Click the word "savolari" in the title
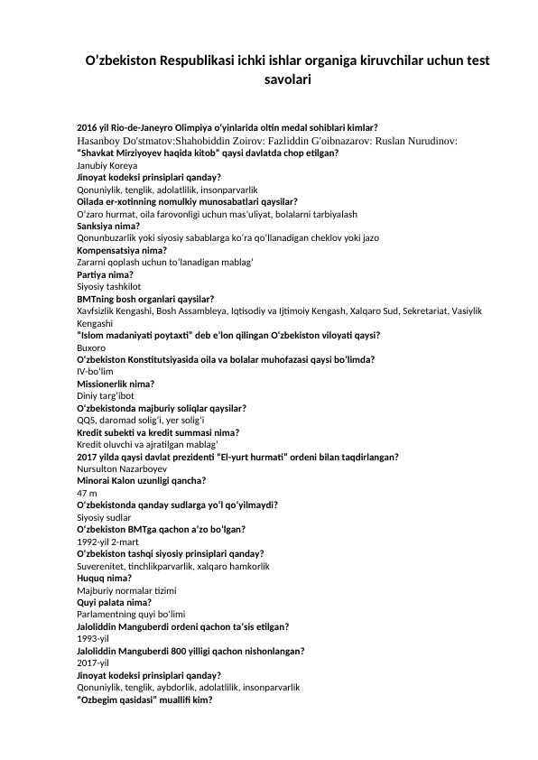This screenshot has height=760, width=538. coord(287,80)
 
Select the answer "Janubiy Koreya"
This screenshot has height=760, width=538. coord(107,167)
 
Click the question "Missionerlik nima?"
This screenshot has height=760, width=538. coord(116,384)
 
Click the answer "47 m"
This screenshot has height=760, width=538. coord(88,493)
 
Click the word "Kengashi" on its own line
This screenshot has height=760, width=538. coord(95,323)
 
